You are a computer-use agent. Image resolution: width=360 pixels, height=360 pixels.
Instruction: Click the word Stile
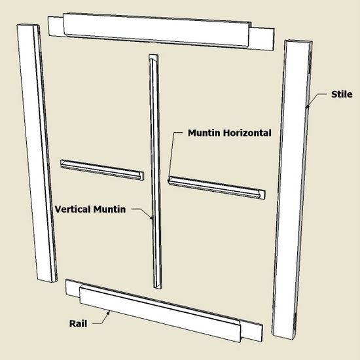click(x=342, y=94)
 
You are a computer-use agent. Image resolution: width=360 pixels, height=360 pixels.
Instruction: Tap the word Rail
click(x=78, y=324)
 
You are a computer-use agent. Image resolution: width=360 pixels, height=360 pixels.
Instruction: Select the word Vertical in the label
click(x=73, y=209)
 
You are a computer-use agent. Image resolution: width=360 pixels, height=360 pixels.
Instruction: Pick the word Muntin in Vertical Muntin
click(x=109, y=209)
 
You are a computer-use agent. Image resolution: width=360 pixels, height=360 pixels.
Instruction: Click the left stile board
click(x=37, y=153)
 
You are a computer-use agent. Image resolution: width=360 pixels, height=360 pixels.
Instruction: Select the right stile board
click(x=292, y=189)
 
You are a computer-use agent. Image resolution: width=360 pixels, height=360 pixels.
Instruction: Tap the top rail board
click(x=161, y=31)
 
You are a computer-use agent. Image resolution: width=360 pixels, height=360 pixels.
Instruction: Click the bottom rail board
click(x=164, y=310)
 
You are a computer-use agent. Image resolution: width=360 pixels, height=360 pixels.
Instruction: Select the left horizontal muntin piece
click(x=102, y=170)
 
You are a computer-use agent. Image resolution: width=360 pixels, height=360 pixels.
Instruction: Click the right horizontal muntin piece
click(x=217, y=188)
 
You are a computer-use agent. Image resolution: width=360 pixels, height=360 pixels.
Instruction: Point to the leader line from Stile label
click(x=315, y=99)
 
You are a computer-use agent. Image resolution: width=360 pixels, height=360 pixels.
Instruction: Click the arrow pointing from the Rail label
click(x=101, y=318)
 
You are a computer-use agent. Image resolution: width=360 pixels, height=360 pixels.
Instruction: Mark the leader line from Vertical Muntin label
click(x=142, y=213)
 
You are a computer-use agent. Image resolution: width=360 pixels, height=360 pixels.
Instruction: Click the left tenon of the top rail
click(x=56, y=26)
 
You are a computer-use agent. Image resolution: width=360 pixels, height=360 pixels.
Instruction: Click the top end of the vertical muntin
click(x=154, y=56)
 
